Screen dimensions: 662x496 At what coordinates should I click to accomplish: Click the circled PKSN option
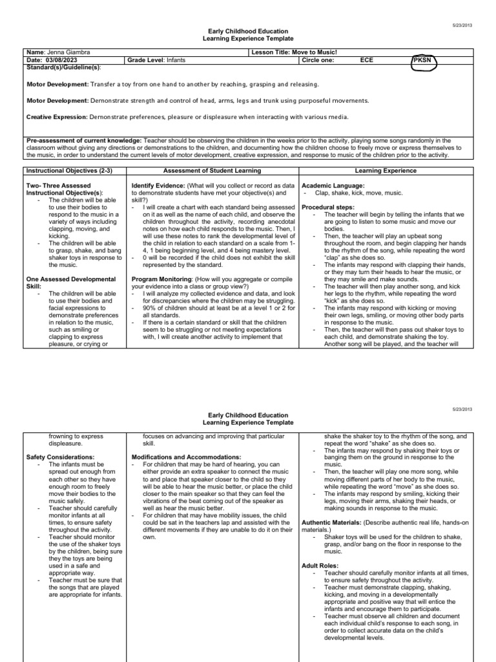point(424,60)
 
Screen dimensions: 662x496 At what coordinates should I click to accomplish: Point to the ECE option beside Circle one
point(366,59)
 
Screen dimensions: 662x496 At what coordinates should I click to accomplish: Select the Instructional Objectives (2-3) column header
point(65,171)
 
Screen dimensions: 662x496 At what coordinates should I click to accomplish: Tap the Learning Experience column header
point(386,171)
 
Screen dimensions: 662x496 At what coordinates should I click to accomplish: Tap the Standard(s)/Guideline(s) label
point(63,67)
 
